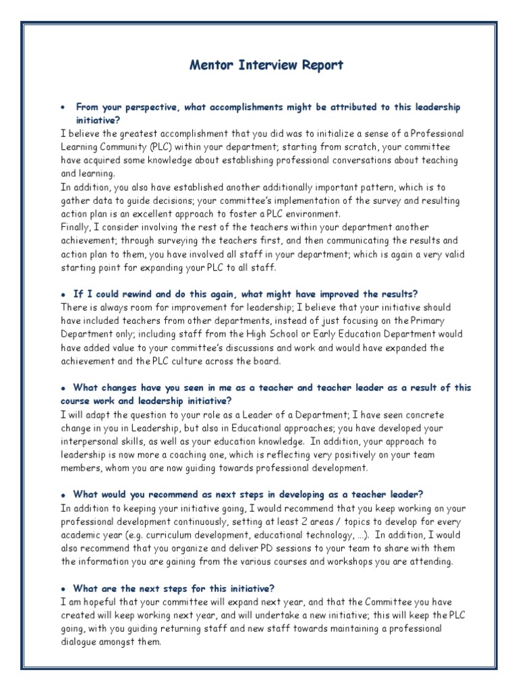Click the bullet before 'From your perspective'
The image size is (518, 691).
62,108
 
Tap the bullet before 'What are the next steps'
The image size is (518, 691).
63,588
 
